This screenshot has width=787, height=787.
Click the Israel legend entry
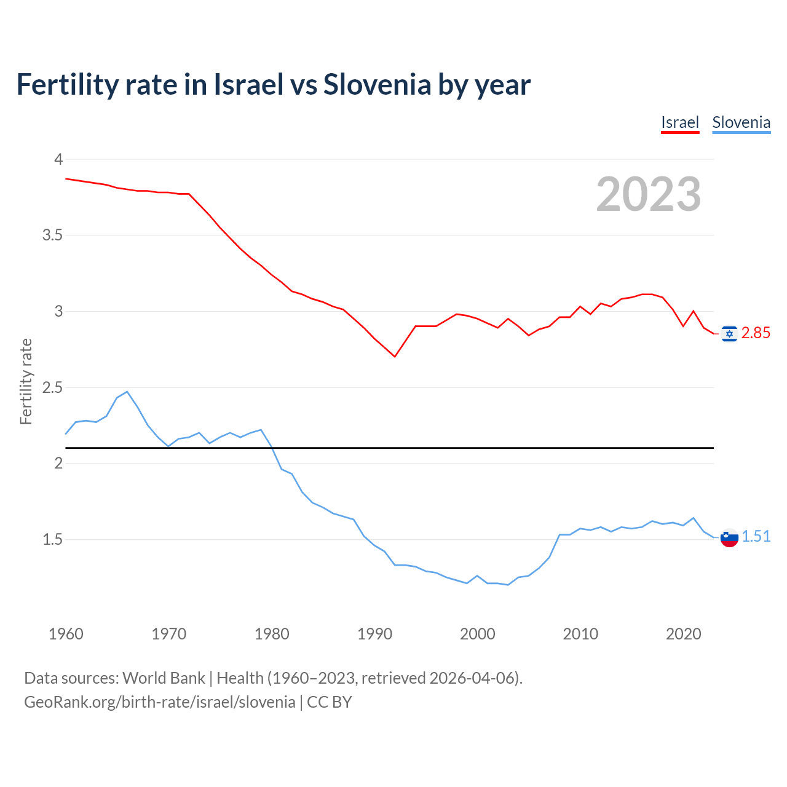pos(680,122)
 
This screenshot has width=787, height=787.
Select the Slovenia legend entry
pos(741,122)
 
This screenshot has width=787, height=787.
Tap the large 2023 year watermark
pos(649,194)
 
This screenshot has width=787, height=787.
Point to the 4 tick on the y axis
pos(59,160)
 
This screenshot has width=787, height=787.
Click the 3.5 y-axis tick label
pos(52,235)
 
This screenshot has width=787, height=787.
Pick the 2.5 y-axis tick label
pos(52,388)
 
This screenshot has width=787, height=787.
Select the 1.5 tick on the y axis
pos(52,540)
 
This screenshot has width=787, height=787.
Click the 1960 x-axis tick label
pos(66,634)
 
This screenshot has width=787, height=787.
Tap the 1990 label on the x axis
pos(374,634)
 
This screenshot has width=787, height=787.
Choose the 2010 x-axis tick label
pos(580,634)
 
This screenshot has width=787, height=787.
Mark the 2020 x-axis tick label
pos(683,634)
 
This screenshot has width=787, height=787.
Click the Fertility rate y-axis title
pos(26,381)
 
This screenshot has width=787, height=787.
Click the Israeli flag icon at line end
pos(729,334)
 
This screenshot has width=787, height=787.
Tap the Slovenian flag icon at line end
pos(729,538)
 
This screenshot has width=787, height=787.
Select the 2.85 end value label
pos(756,333)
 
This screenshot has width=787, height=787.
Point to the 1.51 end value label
pos(756,537)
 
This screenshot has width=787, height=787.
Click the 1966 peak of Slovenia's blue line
pos(127,392)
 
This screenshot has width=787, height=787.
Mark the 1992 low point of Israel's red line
pos(395,357)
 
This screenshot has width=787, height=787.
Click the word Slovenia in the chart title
pos(378,84)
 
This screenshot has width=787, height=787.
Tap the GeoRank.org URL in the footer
pos(160,702)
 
